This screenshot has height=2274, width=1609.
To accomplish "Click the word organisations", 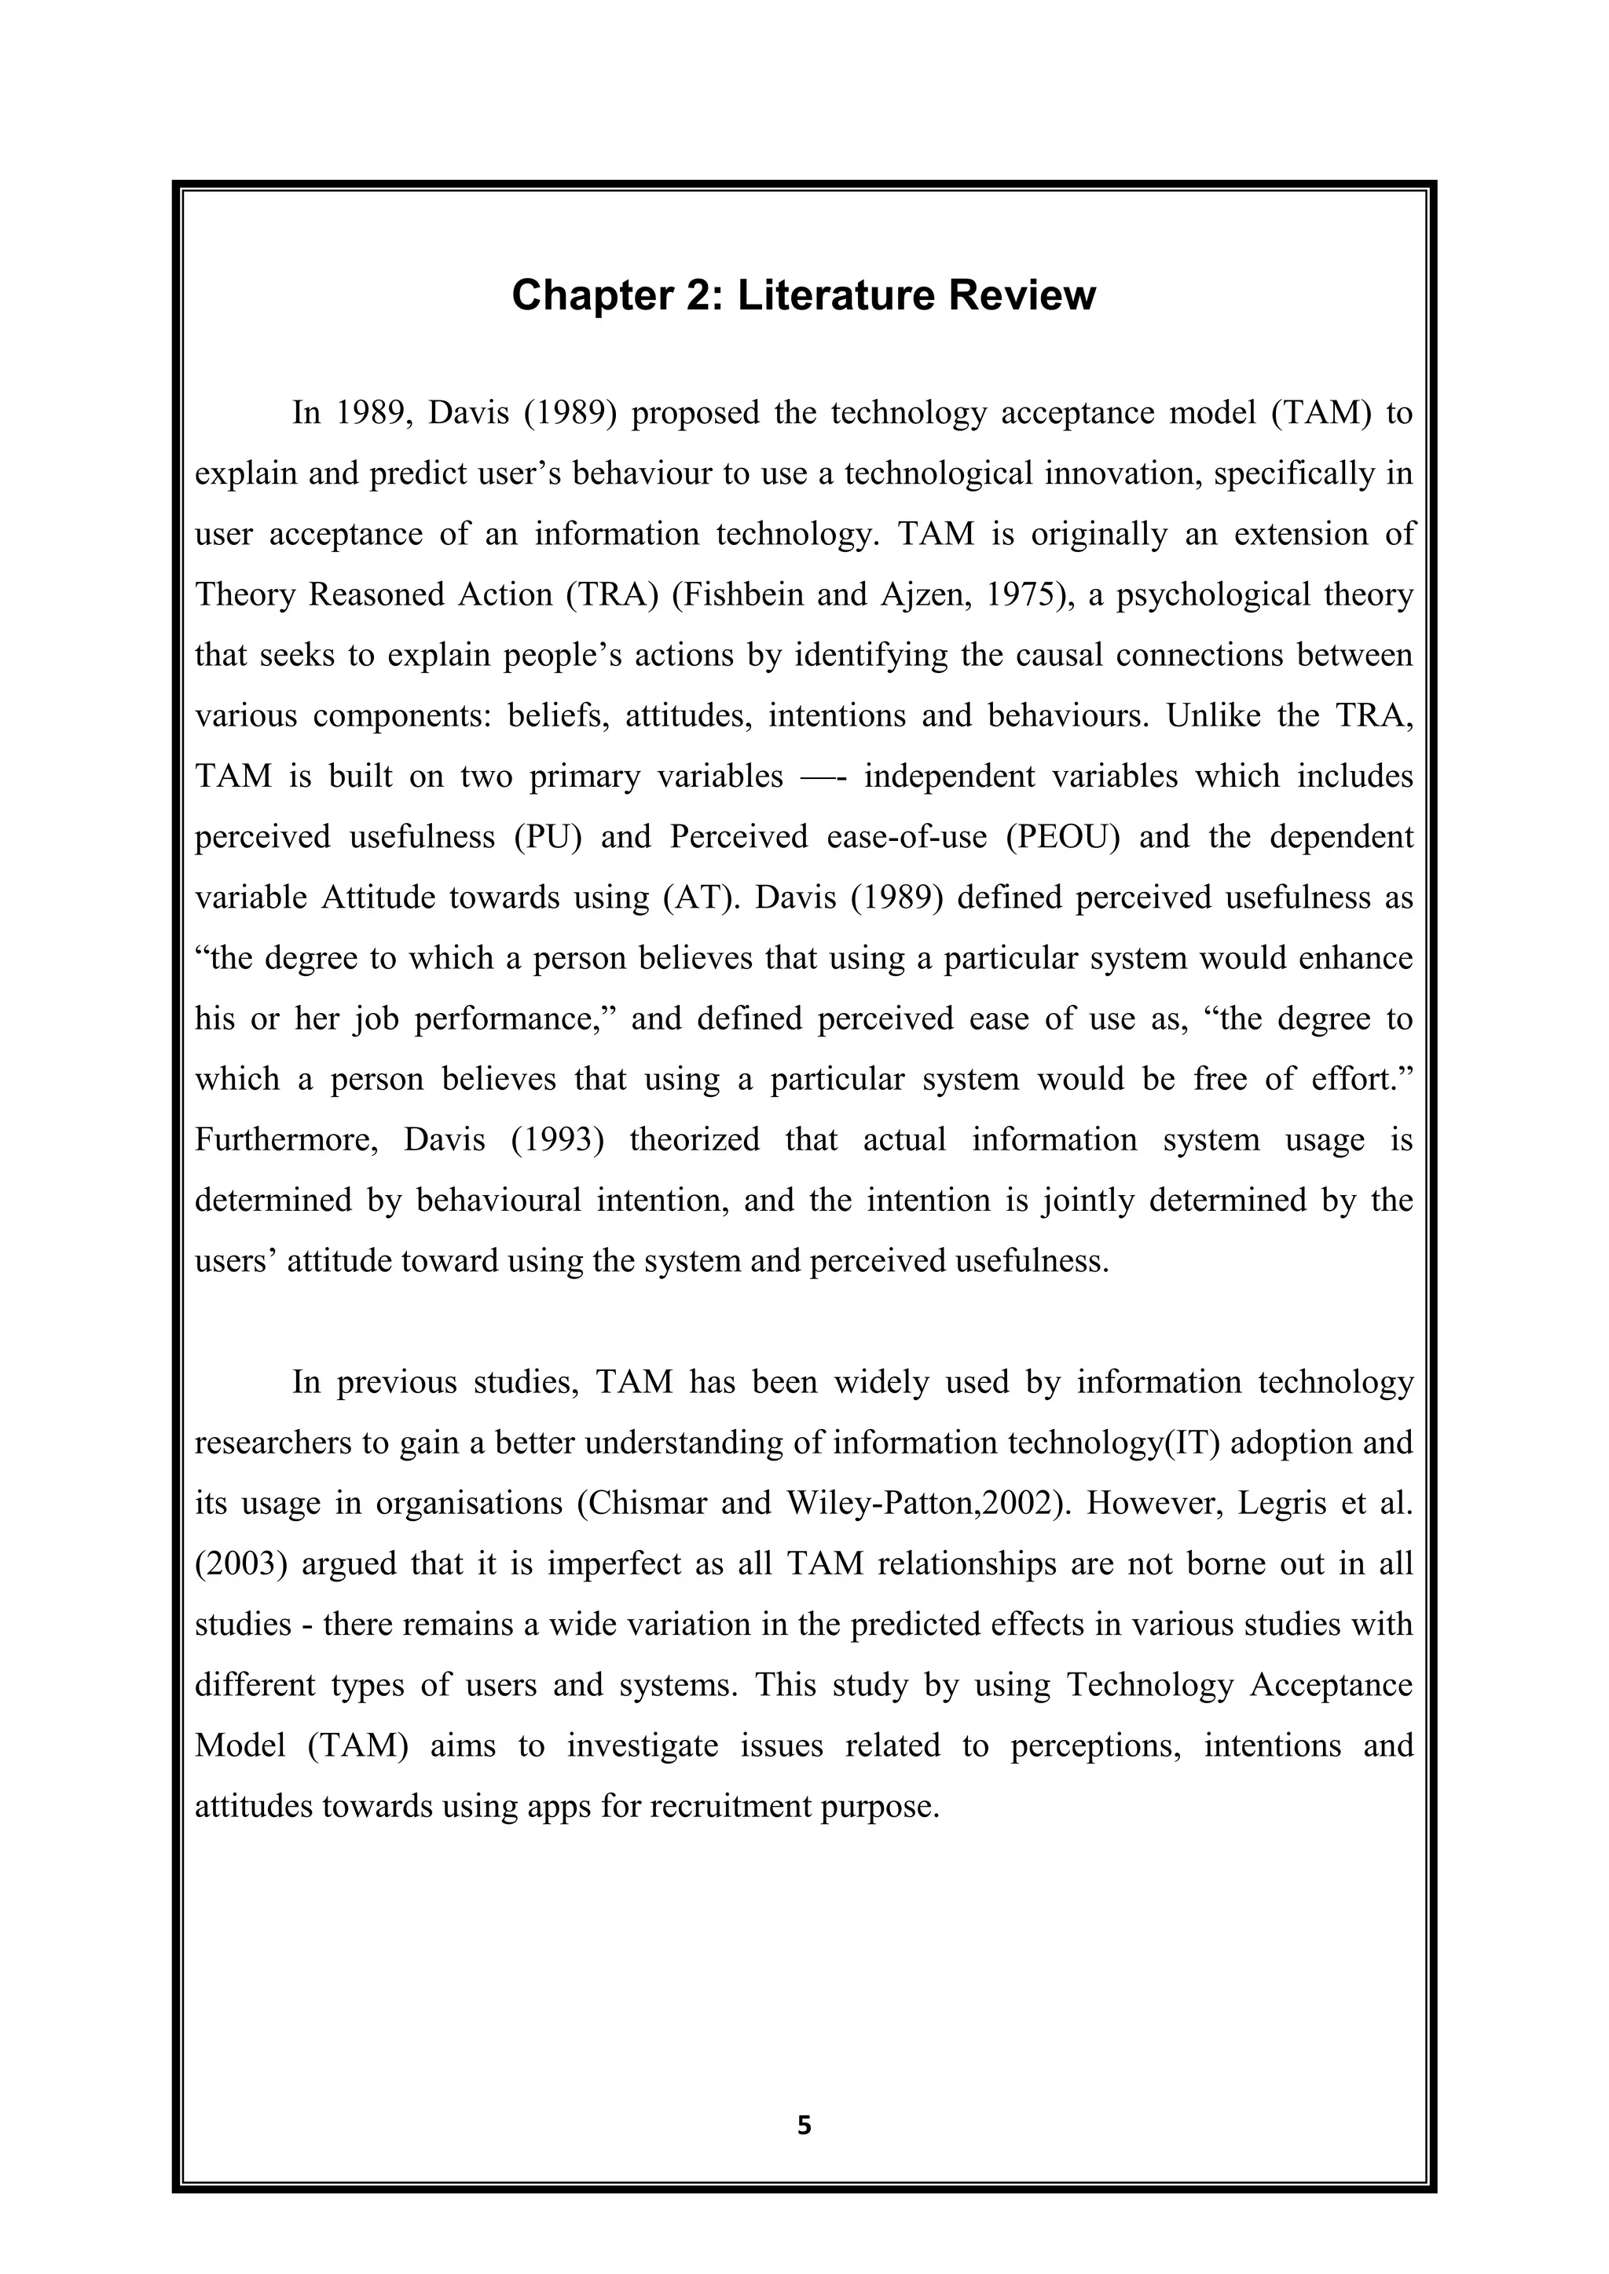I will (x=467, y=1504).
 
